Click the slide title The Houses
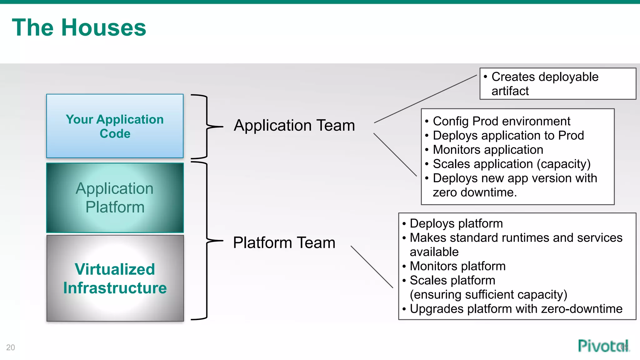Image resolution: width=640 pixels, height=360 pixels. tap(79, 27)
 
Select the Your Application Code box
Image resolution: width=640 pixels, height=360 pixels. tap(115, 126)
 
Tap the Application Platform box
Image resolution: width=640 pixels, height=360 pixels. tap(115, 197)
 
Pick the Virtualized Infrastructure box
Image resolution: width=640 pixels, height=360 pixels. tap(115, 278)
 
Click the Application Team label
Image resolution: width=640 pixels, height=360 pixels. tap(294, 125)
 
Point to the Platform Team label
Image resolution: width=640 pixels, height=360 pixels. tap(284, 242)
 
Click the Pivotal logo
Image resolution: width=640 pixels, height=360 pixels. tap(602, 346)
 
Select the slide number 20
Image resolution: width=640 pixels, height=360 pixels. tap(10, 347)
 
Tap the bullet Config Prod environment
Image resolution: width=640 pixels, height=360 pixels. tap(501, 121)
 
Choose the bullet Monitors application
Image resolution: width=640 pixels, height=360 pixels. tap(488, 150)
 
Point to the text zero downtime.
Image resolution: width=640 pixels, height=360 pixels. tap(474, 192)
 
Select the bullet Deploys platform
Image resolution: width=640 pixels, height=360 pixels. tap(456, 223)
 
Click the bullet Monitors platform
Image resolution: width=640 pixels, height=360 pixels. tap(457, 266)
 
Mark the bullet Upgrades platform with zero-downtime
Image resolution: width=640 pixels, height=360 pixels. tap(516, 309)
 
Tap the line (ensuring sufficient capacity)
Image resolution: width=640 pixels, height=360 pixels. tap(488, 294)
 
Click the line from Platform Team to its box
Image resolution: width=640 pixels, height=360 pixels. tap(372, 267)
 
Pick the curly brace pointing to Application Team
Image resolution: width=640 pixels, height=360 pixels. tap(207, 127)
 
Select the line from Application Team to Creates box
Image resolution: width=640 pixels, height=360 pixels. tap(425, 99)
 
